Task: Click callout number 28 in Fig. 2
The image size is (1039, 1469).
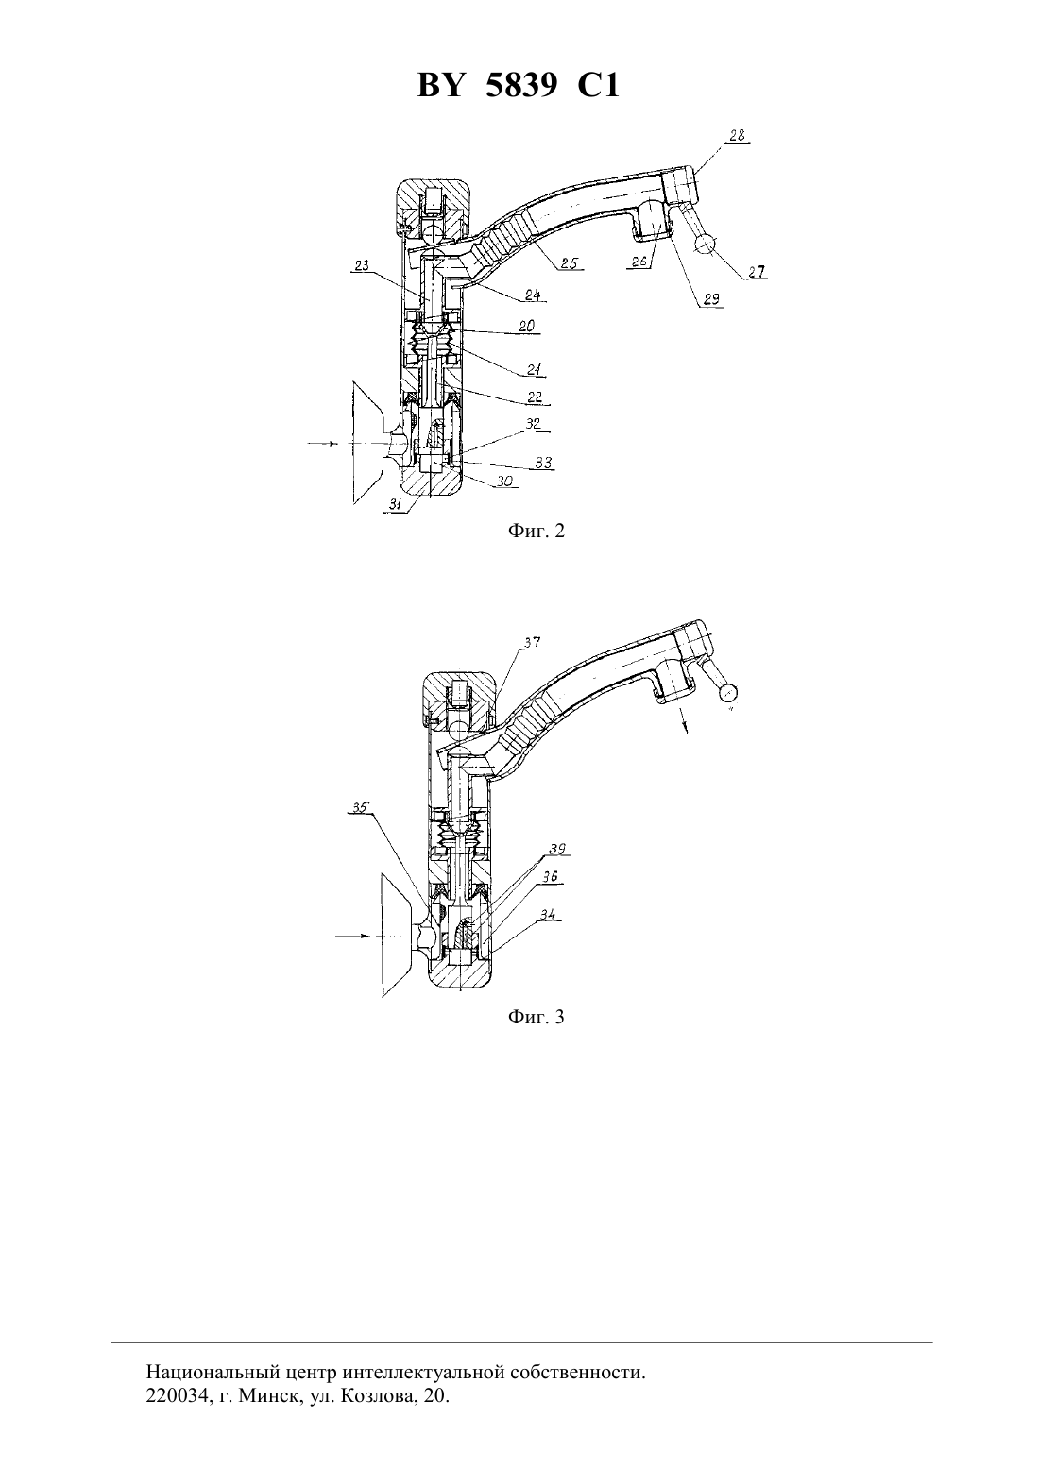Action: [x=738, y=136]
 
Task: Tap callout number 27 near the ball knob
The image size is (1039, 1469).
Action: [x=757, y=272]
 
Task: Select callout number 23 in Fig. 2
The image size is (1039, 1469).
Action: [x=362, y=265]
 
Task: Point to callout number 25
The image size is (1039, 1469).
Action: [x=569, y=262]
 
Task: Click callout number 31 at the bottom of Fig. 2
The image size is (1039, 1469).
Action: [x=395, y=503]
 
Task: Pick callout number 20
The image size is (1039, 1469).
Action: [x=526, y=326]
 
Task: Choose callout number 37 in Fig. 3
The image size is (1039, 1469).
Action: [x=532, y=642]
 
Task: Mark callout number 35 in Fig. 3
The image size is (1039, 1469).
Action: [x=360, y=807]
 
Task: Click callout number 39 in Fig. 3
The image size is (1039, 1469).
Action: [x=557, y=849]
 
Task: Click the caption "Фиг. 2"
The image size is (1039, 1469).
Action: [x=536, y=531]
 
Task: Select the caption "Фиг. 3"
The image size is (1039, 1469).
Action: [x=536, y=1017]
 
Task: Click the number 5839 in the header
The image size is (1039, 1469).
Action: [x=521, y=85]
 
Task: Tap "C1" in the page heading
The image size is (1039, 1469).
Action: [x=598, y=85]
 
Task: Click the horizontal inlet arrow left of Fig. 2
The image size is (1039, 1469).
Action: [x=323, y=444]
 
